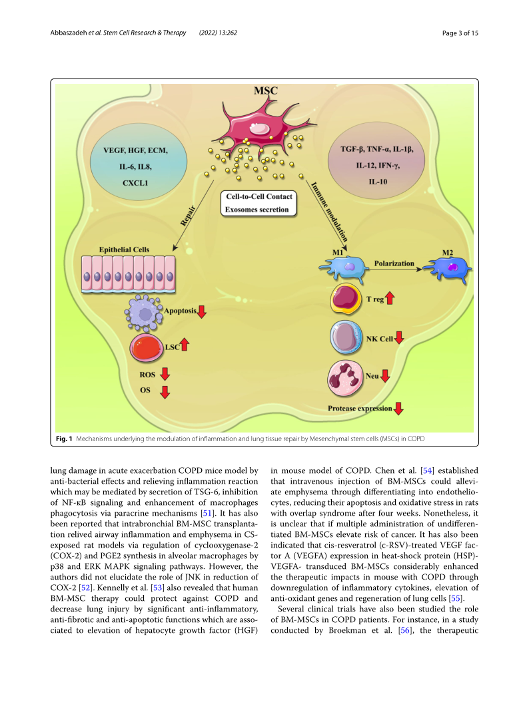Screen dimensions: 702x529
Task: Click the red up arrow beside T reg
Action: coord(390,299)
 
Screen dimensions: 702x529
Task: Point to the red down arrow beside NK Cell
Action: coord(400,338)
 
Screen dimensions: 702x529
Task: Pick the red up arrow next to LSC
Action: coord(185,344)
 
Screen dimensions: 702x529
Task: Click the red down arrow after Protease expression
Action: coord(398,409)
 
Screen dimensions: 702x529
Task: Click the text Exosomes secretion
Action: coord(256,210)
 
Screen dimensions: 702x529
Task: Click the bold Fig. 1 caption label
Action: coord(64,440)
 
